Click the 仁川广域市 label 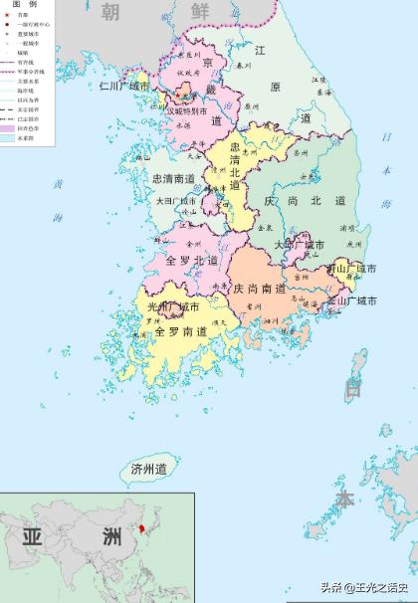124,87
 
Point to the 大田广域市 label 180,201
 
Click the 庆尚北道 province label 305,201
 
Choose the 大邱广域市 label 299,245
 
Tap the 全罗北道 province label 183,261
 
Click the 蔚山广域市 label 351,269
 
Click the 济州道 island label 149,468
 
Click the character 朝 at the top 109,12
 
